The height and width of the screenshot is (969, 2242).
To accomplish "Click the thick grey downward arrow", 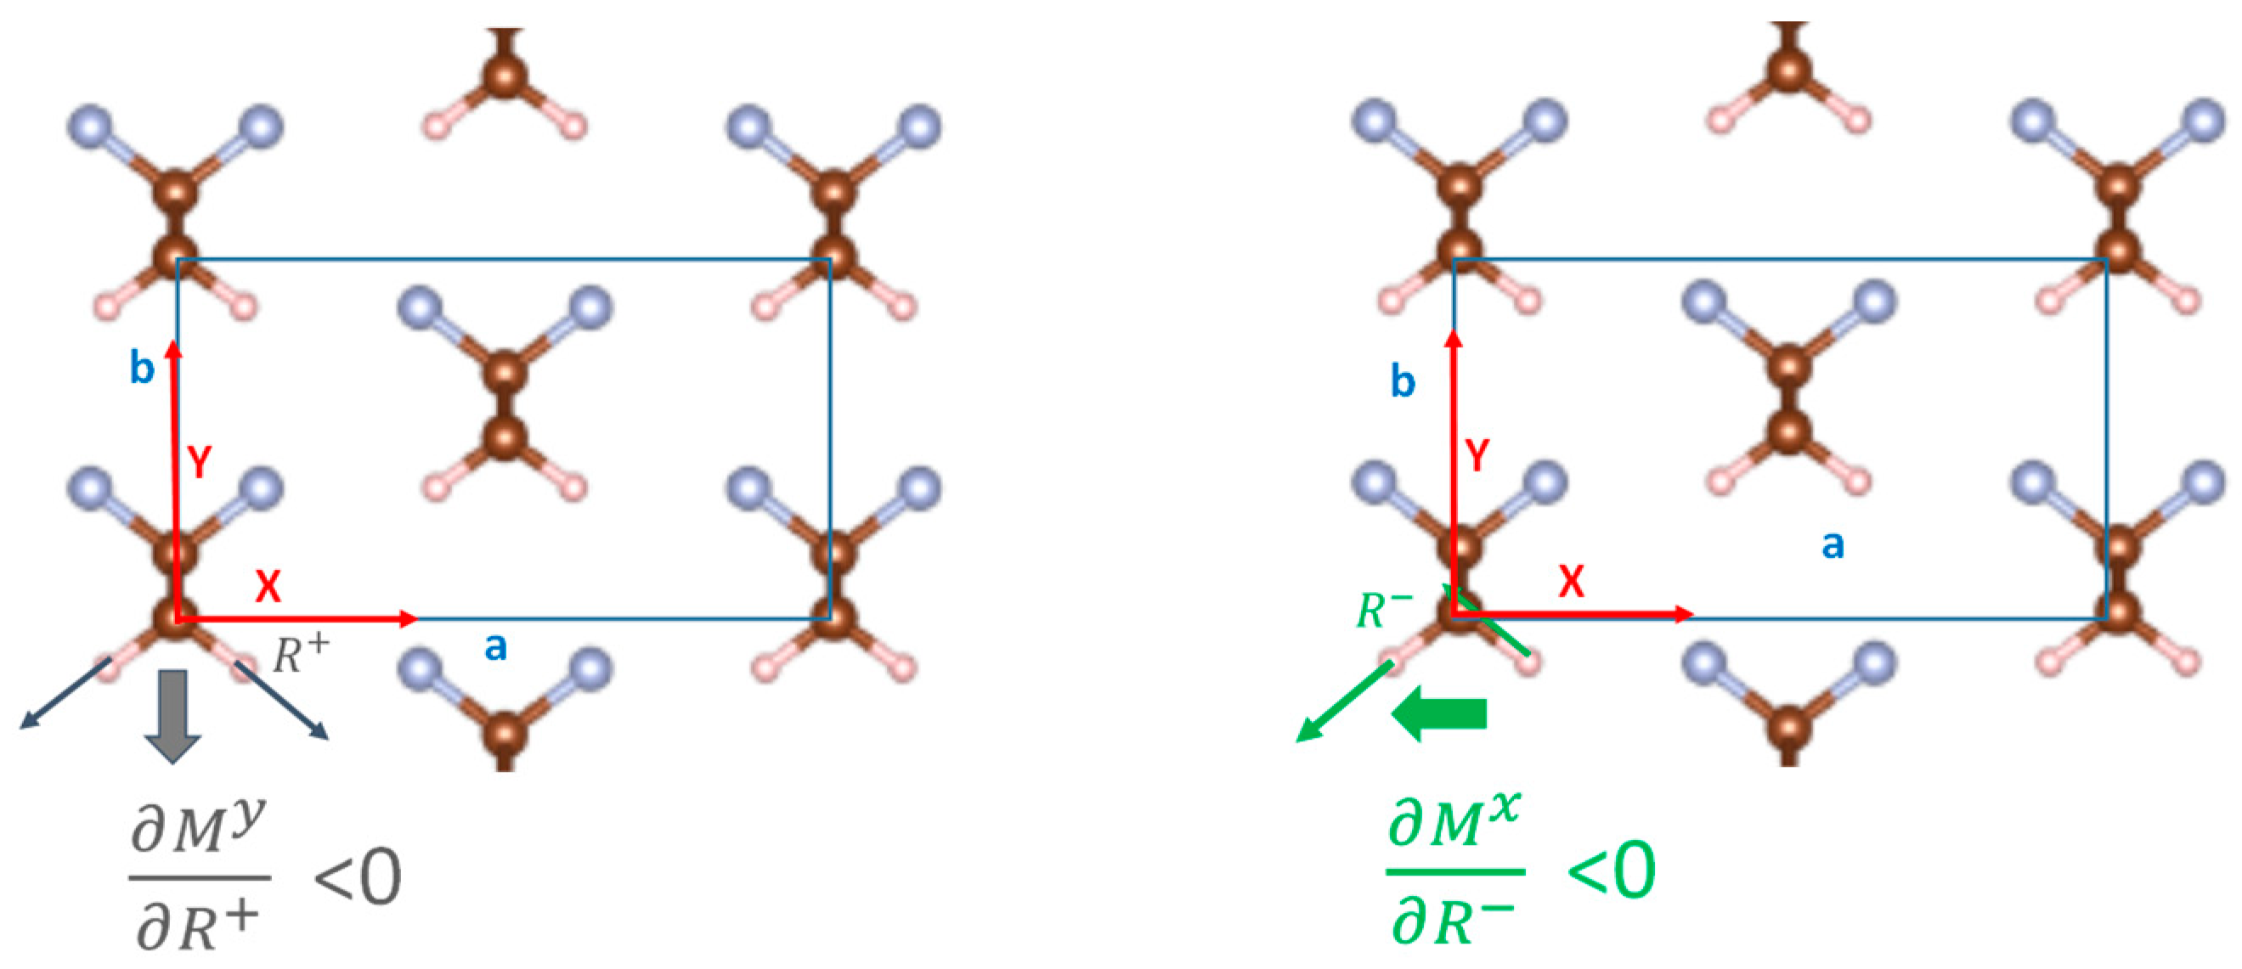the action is pos(173,716).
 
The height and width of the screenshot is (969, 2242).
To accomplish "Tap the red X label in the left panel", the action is pos(268,586).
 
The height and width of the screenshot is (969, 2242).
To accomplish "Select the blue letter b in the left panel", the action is pos(142,367).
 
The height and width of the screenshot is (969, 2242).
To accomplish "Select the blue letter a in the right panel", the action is pos(1833,544).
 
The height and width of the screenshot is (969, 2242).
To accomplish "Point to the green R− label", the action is pos(1383,608).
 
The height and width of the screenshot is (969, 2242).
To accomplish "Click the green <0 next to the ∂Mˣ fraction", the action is pos(1611,870).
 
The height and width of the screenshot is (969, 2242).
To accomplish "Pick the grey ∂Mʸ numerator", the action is pos(198,830).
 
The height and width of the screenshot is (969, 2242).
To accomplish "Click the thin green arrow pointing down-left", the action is pos(1345,702).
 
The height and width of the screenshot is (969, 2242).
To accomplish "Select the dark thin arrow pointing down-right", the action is pos(281,701).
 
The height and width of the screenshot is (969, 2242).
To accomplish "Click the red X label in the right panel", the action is pos(1571,581).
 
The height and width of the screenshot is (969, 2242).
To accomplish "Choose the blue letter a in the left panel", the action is pos(495,646).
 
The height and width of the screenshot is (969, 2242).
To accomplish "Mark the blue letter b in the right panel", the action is pos(1402,380).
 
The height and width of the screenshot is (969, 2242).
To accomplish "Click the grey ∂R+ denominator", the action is pos(199,926).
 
